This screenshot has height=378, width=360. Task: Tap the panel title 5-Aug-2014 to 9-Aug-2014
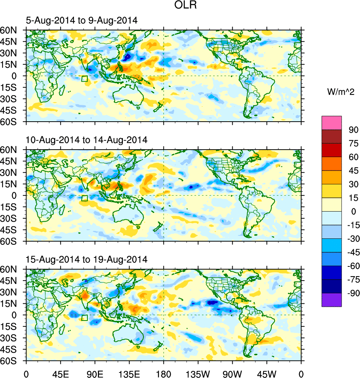tap(82, 21)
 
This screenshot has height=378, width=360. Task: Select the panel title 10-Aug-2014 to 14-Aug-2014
tap(87, 140)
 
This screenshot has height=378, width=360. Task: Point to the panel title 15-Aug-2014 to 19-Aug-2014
tap(87, 259)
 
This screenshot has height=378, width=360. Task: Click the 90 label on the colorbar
tap(354, 130)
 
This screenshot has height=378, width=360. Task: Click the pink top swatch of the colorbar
tap(332, 122)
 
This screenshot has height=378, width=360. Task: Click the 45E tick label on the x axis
tap(60, 373)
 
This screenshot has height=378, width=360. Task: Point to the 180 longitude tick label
tap(164, 373)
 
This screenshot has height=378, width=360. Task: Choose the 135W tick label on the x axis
tap(198, 373)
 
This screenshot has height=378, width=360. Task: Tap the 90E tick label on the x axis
tap(95, 373)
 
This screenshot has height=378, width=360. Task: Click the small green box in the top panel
tap(84, 78)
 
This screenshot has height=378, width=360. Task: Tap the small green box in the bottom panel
tap(84, 318)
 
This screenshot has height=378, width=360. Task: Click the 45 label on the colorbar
tap(354, 171)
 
